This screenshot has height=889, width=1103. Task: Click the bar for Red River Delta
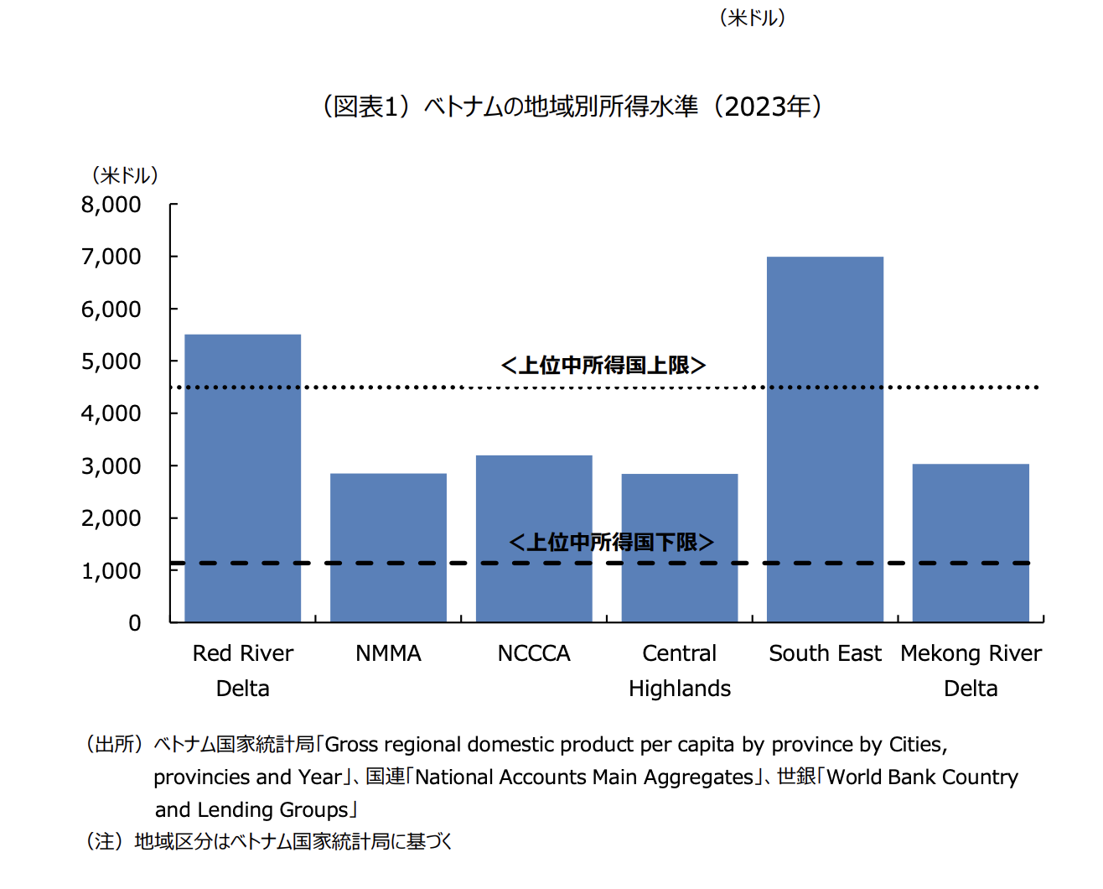(x=242, y=478)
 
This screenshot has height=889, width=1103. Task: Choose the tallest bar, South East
(x=825, y=439)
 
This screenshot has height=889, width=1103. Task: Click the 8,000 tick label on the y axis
(x=111, y=205)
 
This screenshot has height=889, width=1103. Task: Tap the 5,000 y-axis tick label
(x=111, y=361)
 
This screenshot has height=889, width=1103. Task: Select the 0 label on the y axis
(x=135, y=623)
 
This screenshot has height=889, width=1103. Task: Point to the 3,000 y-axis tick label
(x=111, y=466)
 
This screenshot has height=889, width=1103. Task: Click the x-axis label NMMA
(x=388, y=653)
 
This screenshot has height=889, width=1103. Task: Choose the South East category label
(x=825, y=653)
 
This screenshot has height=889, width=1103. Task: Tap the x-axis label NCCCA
(x=534, y=653)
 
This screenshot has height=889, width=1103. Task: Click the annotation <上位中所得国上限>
(x=603, y=365)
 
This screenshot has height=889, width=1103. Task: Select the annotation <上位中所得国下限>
(x=611, y=542)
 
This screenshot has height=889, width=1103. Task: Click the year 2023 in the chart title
(x=757, y=107)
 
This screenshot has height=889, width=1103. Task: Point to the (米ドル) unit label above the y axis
(x=125, y=175)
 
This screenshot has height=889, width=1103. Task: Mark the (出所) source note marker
(x=114, y=744)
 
